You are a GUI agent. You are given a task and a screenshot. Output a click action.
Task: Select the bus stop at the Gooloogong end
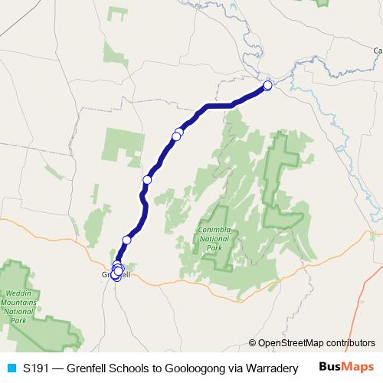(x=268, y=86)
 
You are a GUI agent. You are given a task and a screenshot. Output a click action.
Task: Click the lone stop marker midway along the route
(x=147, y=179)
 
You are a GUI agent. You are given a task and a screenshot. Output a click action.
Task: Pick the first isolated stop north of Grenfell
(x=127, y=240)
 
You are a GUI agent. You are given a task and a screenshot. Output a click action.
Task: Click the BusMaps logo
(x=345, y=368)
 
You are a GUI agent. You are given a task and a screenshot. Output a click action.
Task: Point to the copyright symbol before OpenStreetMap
(x=253, y=343)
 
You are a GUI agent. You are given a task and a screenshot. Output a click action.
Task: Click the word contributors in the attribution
(x=349, y=343)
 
